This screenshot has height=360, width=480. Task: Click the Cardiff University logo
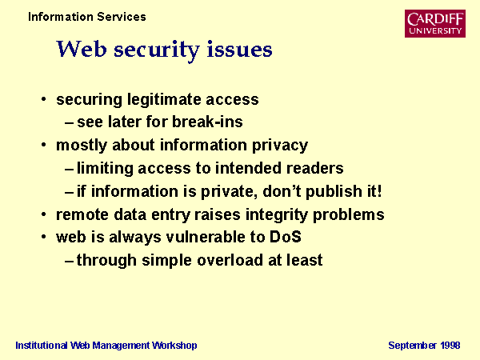(x=435, y=23)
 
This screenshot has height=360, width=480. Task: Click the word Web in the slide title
(x=82, y=49)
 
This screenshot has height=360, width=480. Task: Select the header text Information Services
(x=87, y=17)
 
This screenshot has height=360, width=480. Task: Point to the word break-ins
(x=207, y=122)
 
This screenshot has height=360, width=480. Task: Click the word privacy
(x=279, y=146)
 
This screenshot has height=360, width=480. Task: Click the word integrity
(x=277, y=215)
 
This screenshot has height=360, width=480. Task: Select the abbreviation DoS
(x=286, y=237)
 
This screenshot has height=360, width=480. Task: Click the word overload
(x=230, y=260)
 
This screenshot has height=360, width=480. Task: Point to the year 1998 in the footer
(x=450, y=346)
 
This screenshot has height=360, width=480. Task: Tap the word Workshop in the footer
(x=174, y=346)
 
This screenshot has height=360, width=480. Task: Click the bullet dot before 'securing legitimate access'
(x=44, y=99)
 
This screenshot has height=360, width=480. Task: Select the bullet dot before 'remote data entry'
(x=44, y=214)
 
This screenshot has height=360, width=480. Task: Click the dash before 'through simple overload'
(x=69, y=261)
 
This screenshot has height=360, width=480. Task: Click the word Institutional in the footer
(x=42, y=346)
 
